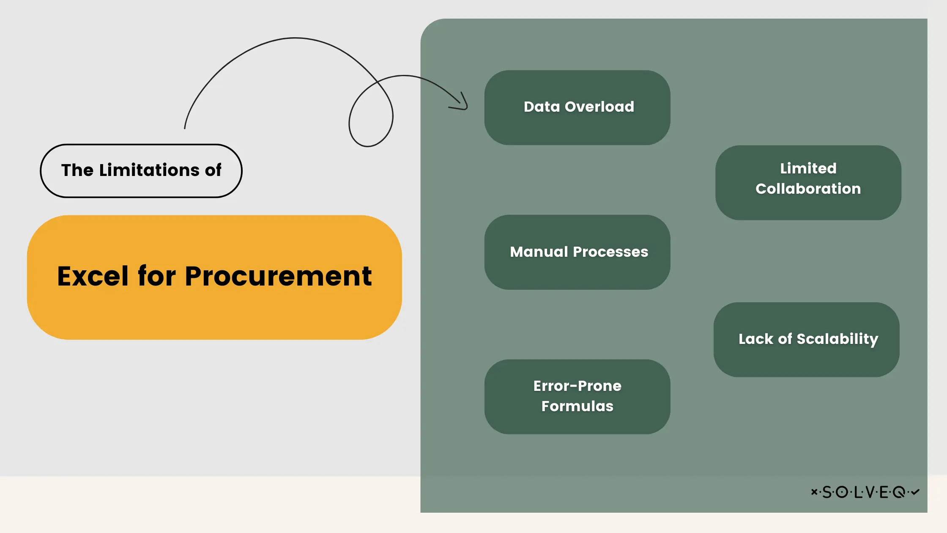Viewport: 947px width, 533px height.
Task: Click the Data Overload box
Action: [x=577, y=107]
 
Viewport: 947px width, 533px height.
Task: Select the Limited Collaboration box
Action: [x=808, y=182]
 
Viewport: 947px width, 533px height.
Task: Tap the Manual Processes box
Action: [x=577, y=252]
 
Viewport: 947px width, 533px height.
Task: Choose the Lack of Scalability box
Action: [x=806, y=339]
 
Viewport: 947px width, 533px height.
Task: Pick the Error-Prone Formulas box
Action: [x=577, y=396]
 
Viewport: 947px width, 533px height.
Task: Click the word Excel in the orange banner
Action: [x=93, y=276]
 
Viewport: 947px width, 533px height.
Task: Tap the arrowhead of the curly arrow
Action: [x=463, y=104]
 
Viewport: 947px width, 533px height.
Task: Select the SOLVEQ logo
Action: [x=865, y=492]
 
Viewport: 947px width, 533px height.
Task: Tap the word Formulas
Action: [x=577, y=406]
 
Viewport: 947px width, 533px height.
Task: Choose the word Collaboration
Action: [x=808, y=189]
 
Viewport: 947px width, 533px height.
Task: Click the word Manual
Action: [x=539, y=252]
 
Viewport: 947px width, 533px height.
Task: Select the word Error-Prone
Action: [x=577, y=386]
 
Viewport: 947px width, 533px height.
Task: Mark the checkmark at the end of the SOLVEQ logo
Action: [x=915, y=492]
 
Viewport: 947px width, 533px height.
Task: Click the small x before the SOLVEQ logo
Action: [x=814, y=492]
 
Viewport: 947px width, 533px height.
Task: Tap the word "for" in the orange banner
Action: [x=156, y=276]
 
